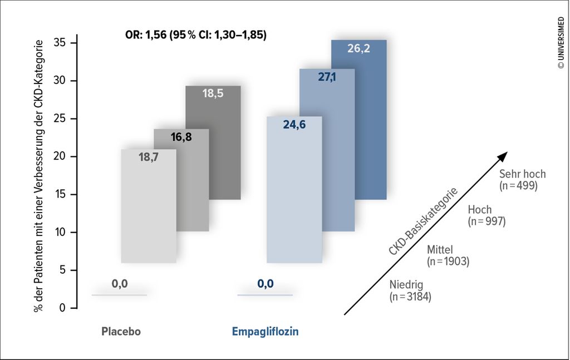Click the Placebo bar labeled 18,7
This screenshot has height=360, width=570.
[149, 206]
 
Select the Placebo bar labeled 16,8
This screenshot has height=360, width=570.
[193, 180]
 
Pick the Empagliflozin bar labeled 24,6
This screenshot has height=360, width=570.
[294, 190]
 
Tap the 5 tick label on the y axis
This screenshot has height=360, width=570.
[62, 270]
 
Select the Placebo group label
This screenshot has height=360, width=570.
[121, 331]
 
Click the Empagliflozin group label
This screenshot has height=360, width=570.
[266, 332]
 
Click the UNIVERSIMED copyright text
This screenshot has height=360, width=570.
[561, 42]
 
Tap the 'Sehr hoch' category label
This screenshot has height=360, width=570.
[522, 174]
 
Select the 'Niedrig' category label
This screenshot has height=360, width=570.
[406, 285]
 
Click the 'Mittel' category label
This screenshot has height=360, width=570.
[440, 250]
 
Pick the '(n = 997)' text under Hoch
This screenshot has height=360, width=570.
[487, 221]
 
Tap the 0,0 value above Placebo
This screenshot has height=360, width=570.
[120, 284]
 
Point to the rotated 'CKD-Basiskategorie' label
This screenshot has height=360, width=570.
[423, 222]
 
